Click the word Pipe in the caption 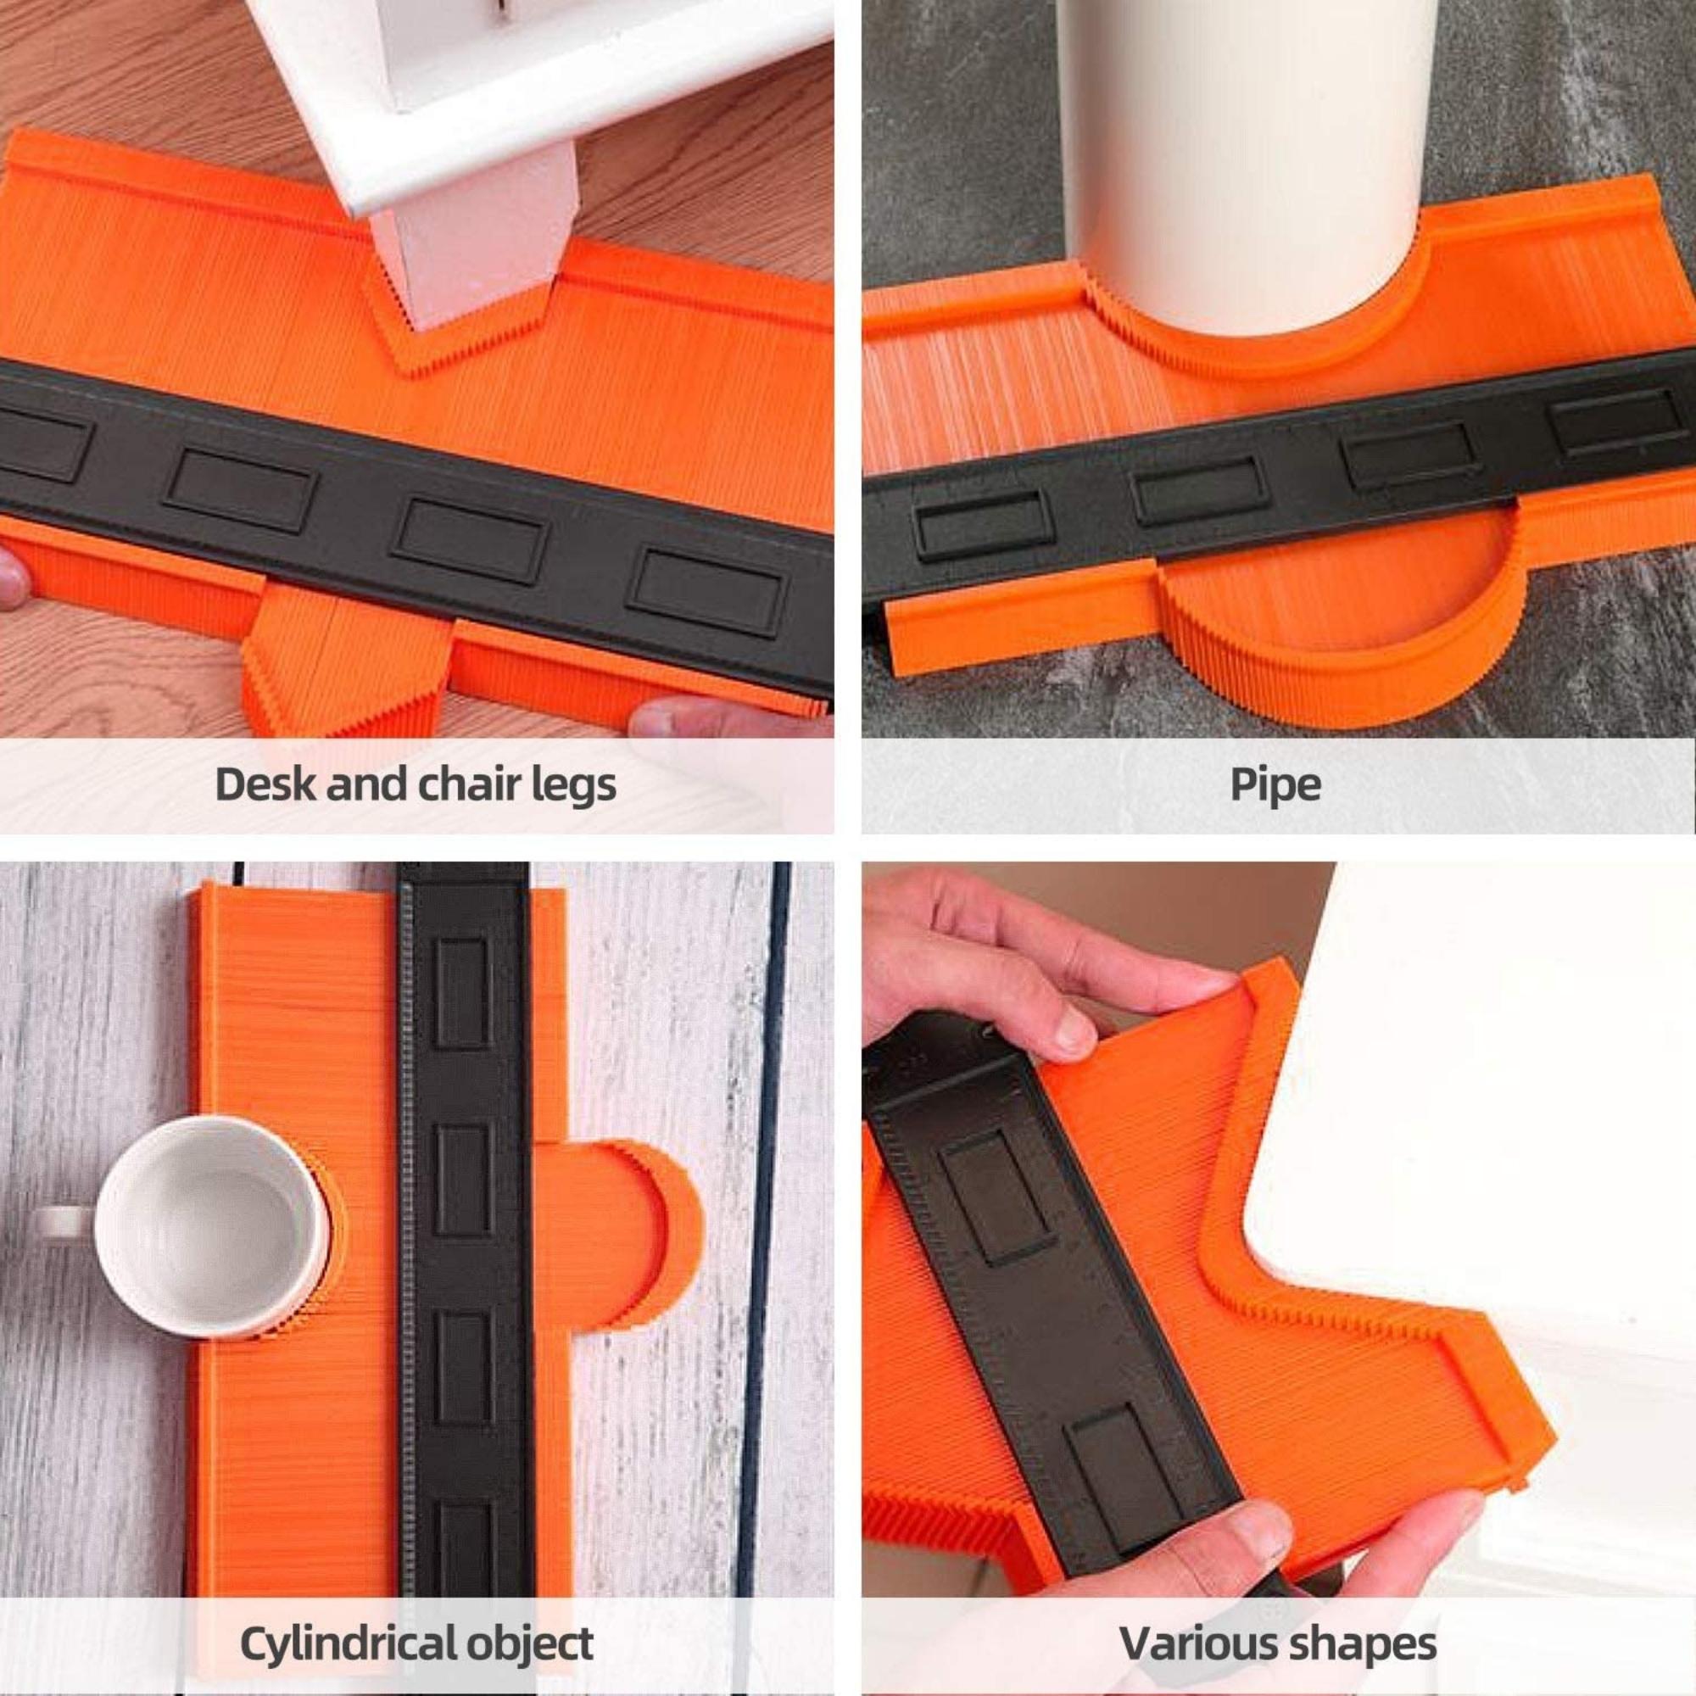tap(1275, 784)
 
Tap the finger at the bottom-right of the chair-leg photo tap(728, 716)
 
